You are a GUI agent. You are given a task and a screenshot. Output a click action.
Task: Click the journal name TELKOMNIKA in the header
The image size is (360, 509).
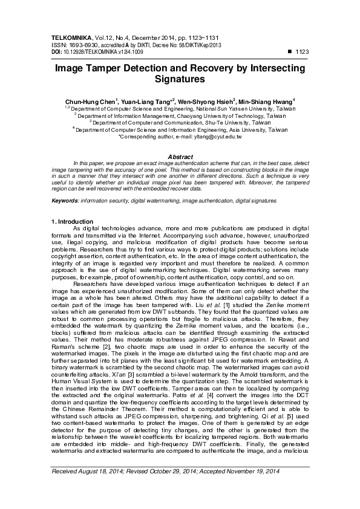pyautogui.click(x=70, y=37)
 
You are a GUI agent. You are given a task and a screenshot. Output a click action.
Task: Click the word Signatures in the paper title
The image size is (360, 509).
pyautogui.click(x=180, y=79)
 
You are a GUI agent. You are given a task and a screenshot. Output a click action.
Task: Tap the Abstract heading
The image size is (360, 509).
pyautogui.click(x=180, y=157)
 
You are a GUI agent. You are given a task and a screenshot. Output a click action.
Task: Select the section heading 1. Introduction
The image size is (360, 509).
pyautogui.click(x=73, y=222)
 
